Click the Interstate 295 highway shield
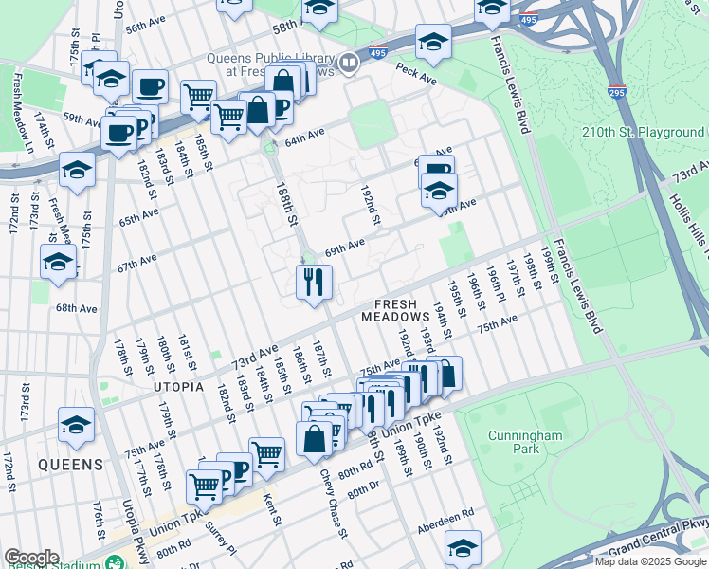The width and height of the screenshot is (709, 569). click(616, 92)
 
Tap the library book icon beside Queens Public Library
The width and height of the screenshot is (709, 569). click(349, 64)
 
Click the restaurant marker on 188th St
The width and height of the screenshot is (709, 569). click(313, 282)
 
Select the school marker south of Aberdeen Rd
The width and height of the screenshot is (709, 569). click(463, 548)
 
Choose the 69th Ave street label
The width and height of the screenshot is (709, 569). click(344, 248)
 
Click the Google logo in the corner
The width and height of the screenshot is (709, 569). click(30, 558)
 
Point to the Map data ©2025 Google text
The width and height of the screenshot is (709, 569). click(650, 561)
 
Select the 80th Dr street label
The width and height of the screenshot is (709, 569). click(363, 491)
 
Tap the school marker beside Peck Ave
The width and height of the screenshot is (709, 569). click(433, 42)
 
